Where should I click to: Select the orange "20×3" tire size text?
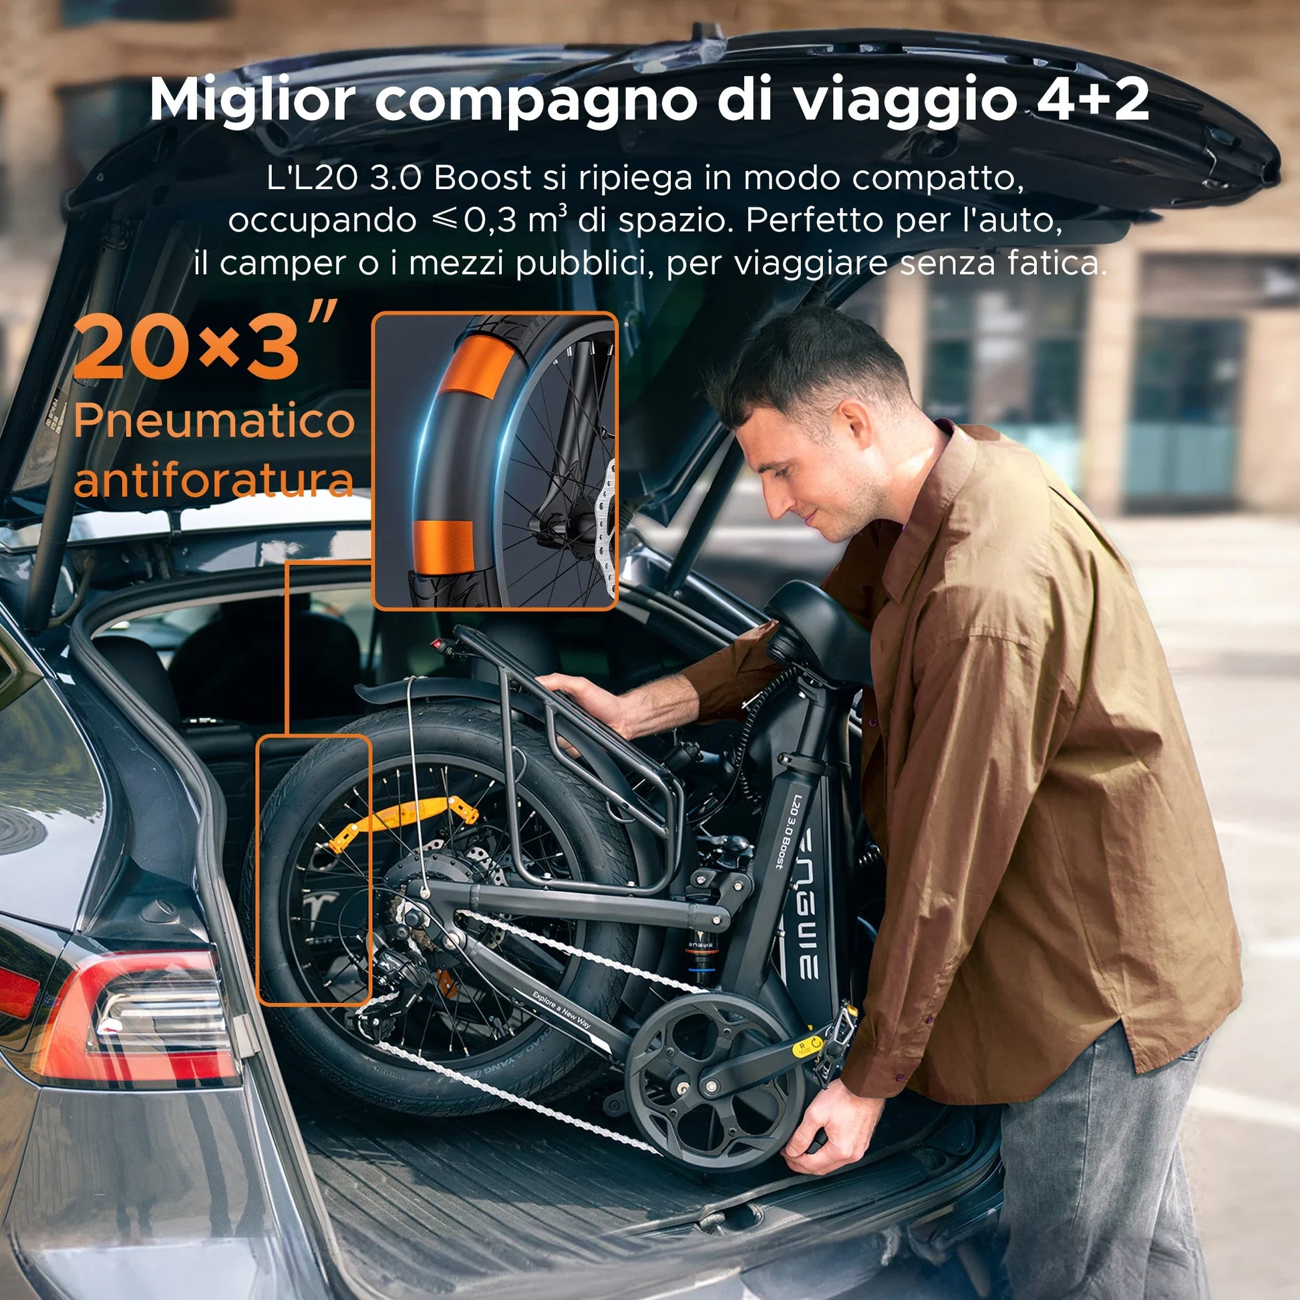pyautogui.click(x=186, y=350)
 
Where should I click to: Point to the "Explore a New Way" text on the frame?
pyautogui.click(x=561, y=1009)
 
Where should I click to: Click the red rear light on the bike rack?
pyautogui.click(x=442, y=644)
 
